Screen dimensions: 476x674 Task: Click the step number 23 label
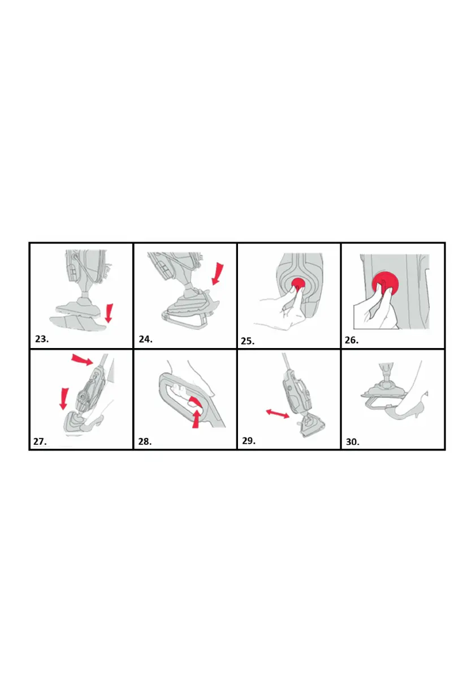[x=42, y=339]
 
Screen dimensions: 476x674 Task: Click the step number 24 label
[x=145, y=339]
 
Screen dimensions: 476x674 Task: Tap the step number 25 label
[x=248, y=341]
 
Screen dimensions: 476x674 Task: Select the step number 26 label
[x=352, y=340]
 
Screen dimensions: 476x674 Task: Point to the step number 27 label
[x=40, y=441]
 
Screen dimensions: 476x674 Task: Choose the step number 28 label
[x=145, y=441]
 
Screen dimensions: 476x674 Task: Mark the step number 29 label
[x=249, y=441]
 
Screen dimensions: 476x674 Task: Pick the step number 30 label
[x=353, y=442]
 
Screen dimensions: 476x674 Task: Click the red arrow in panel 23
[x=109, y=314]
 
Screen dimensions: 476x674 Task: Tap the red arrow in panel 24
[x=218, y=274]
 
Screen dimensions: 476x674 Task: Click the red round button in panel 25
[x=298, y=284]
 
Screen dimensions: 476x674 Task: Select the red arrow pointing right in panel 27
[x=82, y=359]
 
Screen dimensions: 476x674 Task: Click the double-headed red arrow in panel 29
[x=278, y=414]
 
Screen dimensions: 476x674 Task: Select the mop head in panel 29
[x=311, y=426]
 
